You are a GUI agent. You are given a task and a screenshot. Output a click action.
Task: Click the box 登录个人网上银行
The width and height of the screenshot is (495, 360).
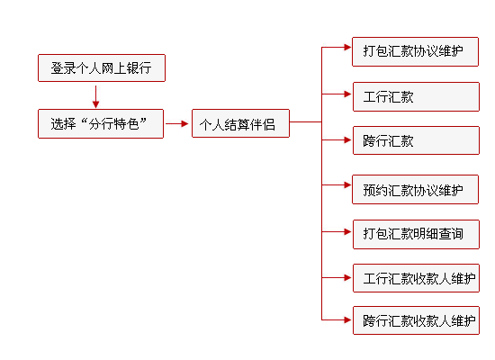click(x=101, y=68)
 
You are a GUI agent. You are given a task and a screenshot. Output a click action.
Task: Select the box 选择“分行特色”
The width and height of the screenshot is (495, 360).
click(x=101, y=123)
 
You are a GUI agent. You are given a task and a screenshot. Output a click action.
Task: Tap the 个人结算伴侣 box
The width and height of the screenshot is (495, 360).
click(x=240, y=123)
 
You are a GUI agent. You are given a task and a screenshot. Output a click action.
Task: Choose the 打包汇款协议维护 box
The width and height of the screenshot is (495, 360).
click(x=415, y=50)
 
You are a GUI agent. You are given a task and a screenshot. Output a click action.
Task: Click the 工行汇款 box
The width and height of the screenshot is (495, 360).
click(x=415, y=96)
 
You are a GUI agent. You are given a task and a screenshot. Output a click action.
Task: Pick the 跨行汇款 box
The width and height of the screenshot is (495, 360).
click(x=415, y=141)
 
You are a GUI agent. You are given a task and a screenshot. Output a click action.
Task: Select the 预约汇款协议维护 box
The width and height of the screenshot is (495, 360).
click(x=415, y=189)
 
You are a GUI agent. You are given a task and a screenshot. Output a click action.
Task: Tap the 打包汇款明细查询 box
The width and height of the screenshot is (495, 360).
click(x=415, y=233)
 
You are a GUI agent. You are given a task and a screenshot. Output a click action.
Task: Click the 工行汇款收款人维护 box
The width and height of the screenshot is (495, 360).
click(x=415, y=277)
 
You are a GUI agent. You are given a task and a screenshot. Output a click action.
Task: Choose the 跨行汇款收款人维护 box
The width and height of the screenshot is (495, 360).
click(x=415, y=319)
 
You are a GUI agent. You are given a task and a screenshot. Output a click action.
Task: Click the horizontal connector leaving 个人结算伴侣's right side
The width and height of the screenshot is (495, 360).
click(x=305, y=122)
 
